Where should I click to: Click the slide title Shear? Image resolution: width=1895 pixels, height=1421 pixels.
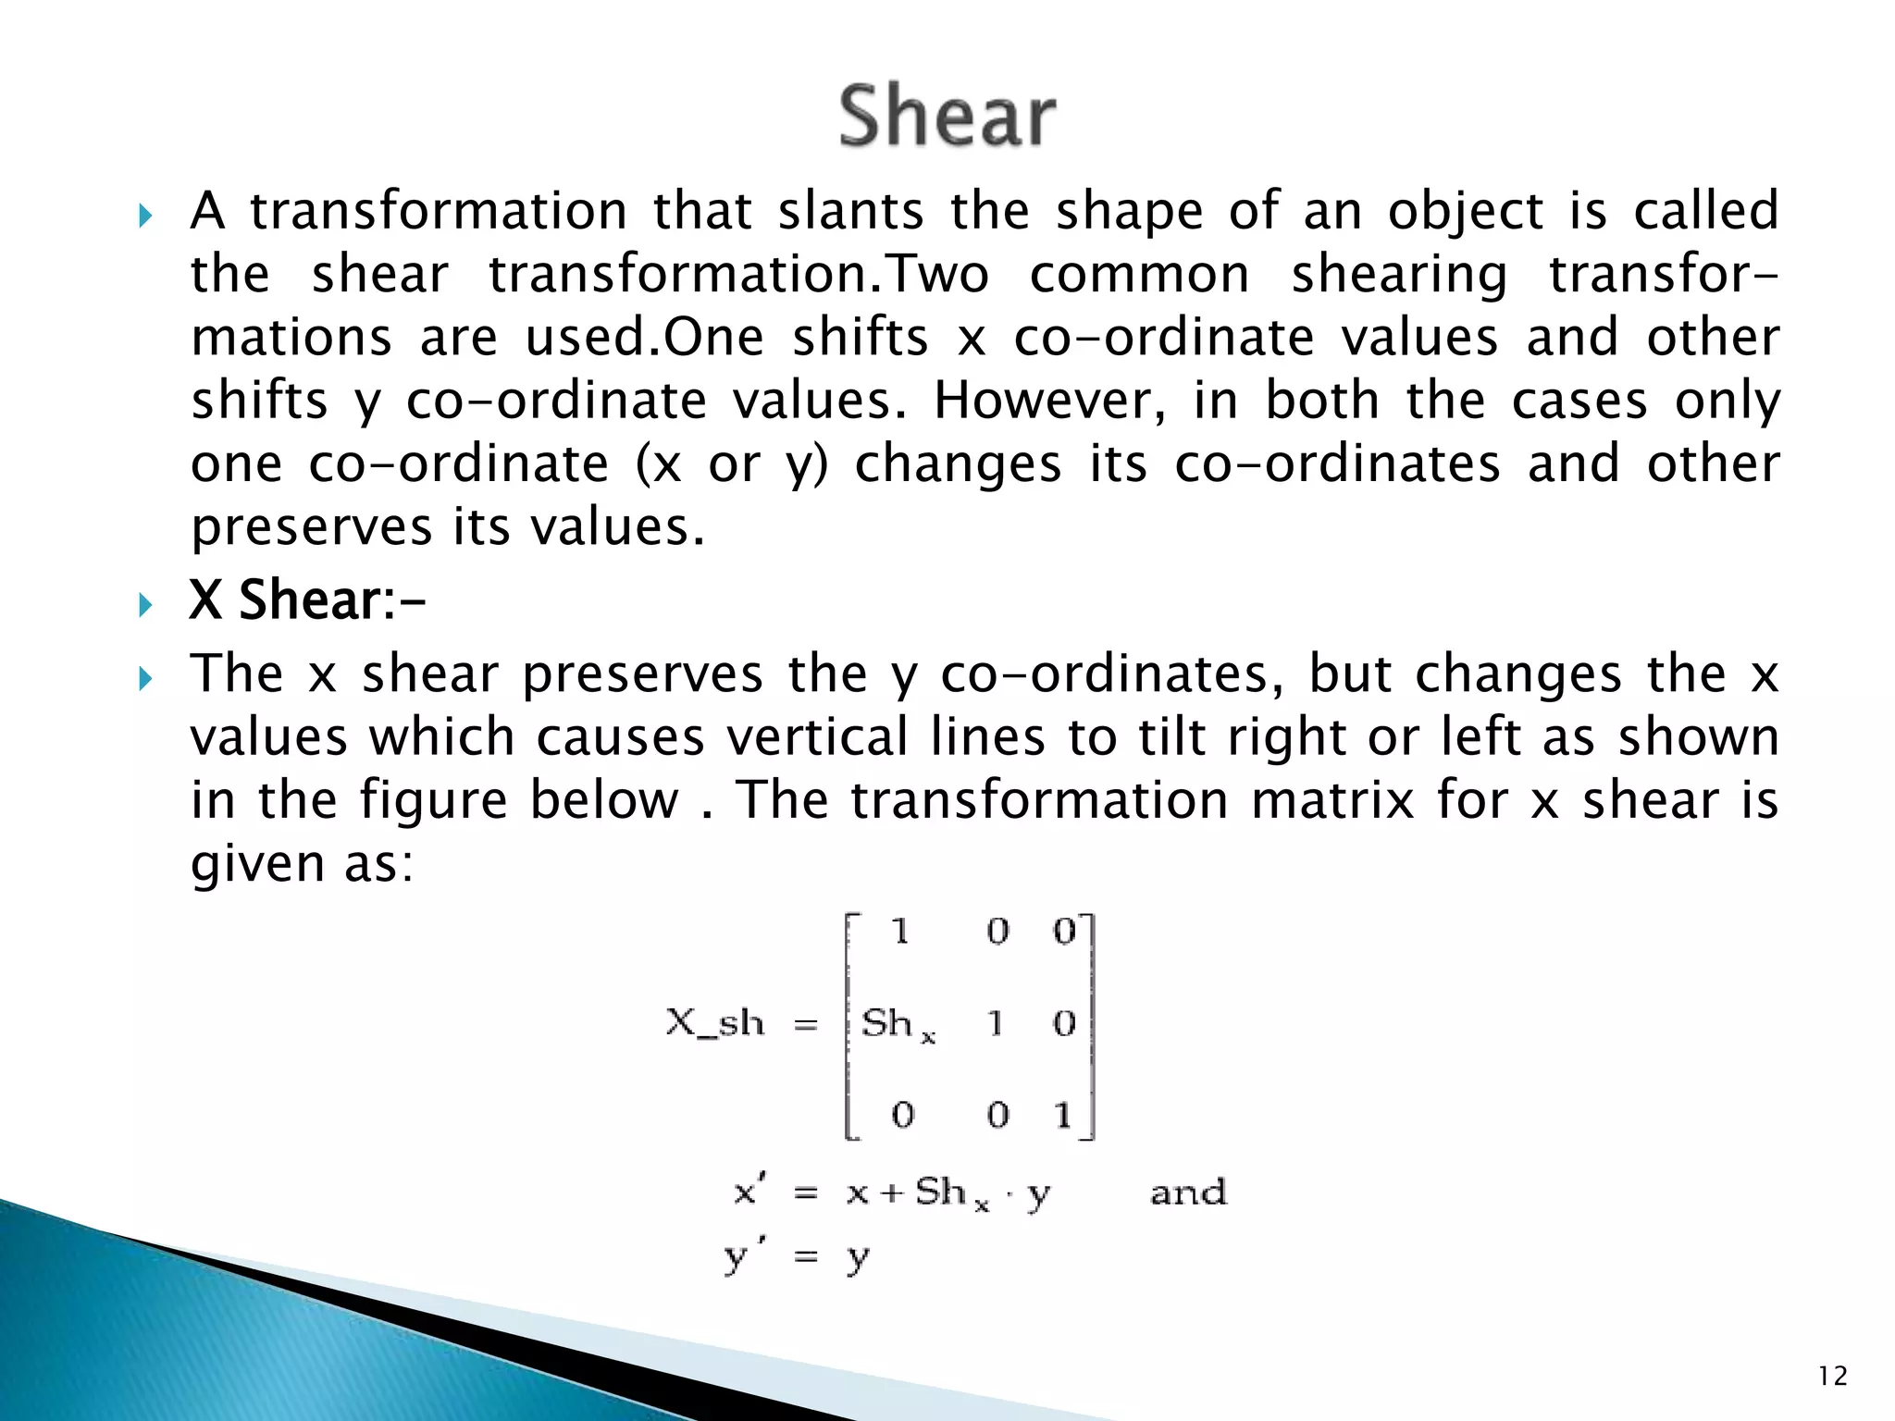coord(947,116)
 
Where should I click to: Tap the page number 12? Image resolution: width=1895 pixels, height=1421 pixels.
coord(1832,1377)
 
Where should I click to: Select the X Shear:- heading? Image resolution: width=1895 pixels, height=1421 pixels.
coord(307,600)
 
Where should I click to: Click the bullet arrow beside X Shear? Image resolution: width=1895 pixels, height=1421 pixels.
coord(144,605)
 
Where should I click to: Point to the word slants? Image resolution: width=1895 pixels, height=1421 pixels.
coord(850,211)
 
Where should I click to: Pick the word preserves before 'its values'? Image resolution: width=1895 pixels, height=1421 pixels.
coord(311,527)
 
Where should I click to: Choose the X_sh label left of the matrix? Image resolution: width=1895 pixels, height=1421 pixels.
coord(715,1023)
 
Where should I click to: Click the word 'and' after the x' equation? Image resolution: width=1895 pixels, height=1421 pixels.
coord(1188,1192)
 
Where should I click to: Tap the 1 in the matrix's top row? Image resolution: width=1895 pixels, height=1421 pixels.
coord(900,932)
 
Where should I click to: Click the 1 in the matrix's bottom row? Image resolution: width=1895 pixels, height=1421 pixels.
coord(1063,1115)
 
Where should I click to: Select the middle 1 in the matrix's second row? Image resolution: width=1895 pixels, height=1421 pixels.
coord(996,1023)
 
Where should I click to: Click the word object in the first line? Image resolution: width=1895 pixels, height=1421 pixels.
coord(1466,211)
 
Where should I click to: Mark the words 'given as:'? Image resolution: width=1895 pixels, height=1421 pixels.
coord(302,864)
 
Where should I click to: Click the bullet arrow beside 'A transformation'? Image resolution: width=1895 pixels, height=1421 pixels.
coord(144,216)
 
